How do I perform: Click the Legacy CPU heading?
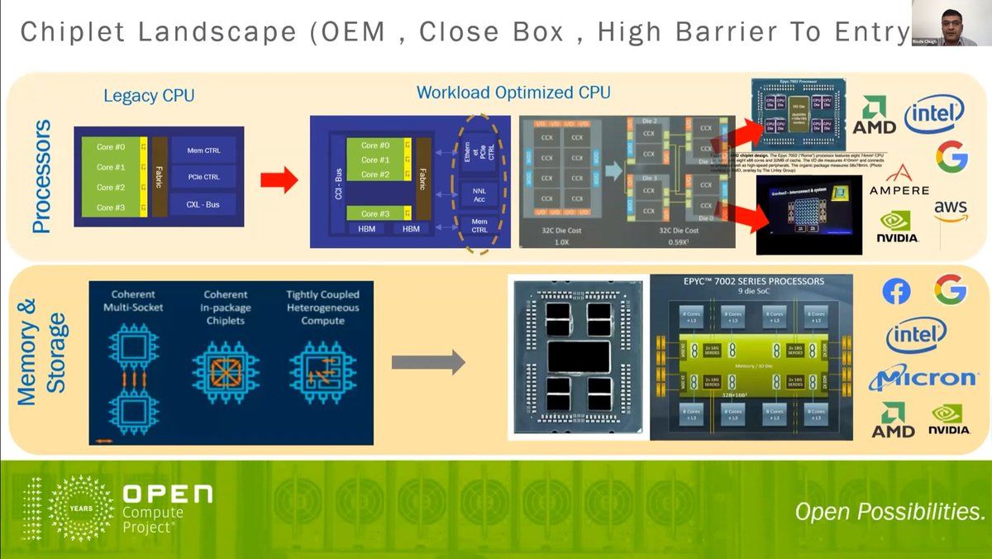click(x=149, y=96)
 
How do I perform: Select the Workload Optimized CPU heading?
click(x=513, y=93)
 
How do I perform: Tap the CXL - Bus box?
click(x=203, y=204)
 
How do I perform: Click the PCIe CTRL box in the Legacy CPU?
click(x=203, y=177)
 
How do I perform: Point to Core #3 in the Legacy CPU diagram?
click(x=111, y=208)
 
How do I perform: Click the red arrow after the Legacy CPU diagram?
click(x=279, y=180)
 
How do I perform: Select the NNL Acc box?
click(x=479, y=195)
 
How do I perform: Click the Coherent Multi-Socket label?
click(x=132, y=301)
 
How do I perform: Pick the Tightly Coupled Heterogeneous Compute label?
click(x=322, y=307)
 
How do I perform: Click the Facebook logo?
click(x=896, y=291)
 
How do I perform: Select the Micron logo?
click(x=923, y=378)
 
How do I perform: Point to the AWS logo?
click(x=951, y=210)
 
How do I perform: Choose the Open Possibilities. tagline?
click(x=889, y=511)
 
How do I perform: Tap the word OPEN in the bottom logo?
click(x=167, y=494)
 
